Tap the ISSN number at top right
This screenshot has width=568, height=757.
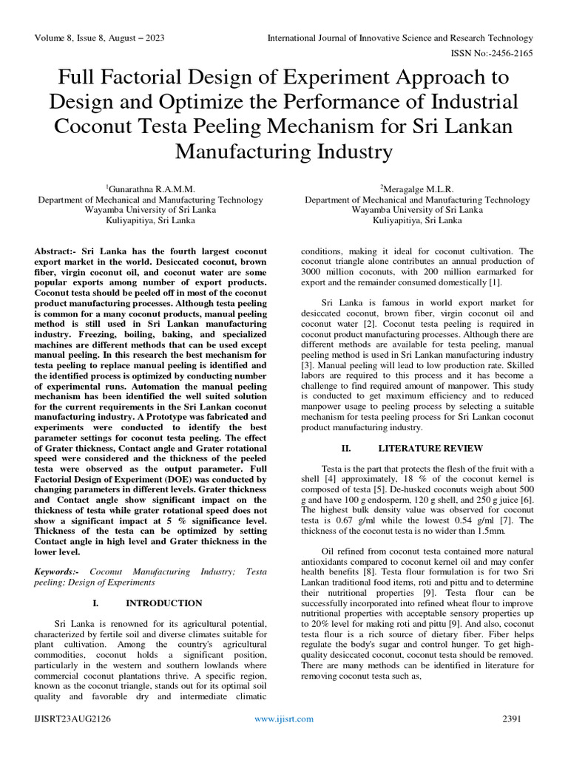[492, 53]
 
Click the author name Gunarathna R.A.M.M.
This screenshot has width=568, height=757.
[150, 189]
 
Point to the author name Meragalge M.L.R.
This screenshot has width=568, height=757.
[418, 189]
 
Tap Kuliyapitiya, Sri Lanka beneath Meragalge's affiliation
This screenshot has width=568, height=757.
[417, 220]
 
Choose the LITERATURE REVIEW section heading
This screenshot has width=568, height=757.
[430, 448]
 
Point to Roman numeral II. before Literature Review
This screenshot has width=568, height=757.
[345, 448]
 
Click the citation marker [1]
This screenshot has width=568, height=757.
[494, 282]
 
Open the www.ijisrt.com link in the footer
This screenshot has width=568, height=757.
[284, 719]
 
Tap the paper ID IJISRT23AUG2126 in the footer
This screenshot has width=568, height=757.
[73, 719]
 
